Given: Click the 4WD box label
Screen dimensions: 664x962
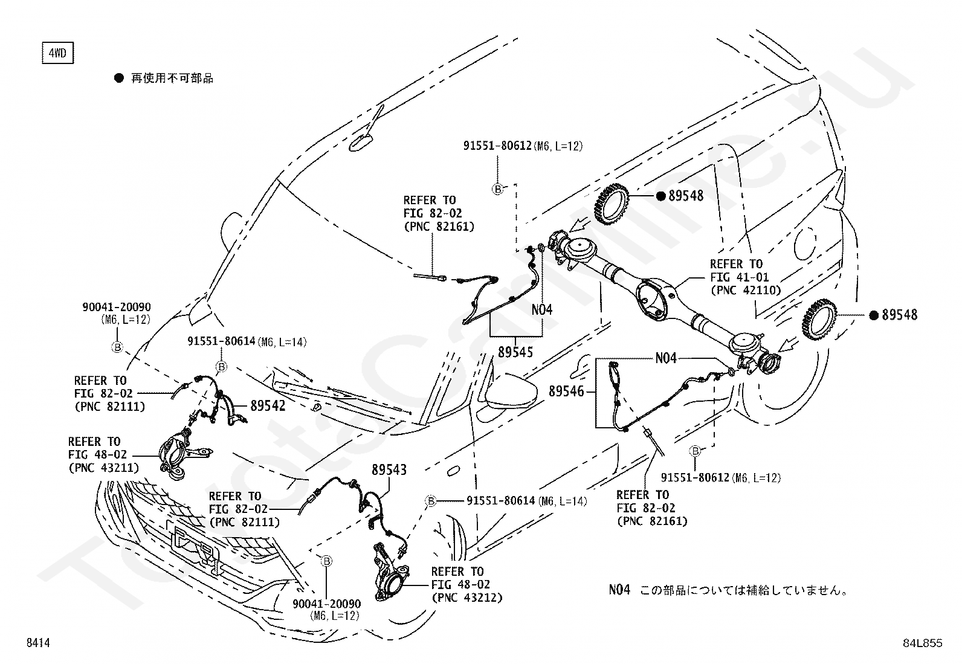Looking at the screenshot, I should (57, 54).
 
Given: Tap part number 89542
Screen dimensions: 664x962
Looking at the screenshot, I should (267, 406).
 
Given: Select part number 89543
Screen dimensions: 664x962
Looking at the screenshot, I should (389, 469).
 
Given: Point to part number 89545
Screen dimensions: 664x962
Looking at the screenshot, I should (515, 352).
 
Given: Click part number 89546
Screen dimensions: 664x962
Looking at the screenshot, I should (566, 391).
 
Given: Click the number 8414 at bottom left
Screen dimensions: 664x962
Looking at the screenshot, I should (37, 643).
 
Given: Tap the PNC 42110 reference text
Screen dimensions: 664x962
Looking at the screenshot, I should (746, 290).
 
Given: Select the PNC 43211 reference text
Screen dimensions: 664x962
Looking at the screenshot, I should (103, 468).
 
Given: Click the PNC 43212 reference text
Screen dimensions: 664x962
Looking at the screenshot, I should (467, 598).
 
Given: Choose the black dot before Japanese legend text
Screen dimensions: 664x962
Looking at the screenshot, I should (119, 78).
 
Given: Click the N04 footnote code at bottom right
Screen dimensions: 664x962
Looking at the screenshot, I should (619, 590).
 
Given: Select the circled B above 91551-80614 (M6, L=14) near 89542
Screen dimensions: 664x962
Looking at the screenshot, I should (221, 367).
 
